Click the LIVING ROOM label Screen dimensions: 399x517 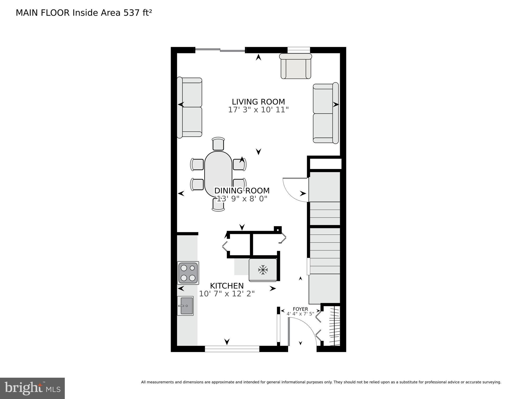[x=258, y=102]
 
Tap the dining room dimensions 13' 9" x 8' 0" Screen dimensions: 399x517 [x=242, y=199]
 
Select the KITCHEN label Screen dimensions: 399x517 [x=227, y=286]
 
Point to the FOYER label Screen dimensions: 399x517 [x=300, y=309]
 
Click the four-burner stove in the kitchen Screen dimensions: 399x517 [x=188, y=273]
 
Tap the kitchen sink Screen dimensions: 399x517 [x=185, y=306]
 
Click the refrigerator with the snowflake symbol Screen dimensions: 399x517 [x=263, y=270]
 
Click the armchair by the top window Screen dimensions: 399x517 [x=296, y=66]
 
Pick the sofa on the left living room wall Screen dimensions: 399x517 [x=190, y=108]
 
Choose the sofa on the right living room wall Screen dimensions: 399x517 [x=325, y=113]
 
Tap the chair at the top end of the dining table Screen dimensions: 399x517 [x=218, y=144]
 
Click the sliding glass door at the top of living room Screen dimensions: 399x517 [x=220, y=50]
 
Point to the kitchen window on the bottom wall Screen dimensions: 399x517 [x=232, y=349]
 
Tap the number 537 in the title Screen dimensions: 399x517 [x=131, y=13]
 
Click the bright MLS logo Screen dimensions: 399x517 [x=32, y=388]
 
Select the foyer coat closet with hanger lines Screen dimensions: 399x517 [x=334, y=326]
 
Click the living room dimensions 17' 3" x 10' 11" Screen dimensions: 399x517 [x=258, y=110]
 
